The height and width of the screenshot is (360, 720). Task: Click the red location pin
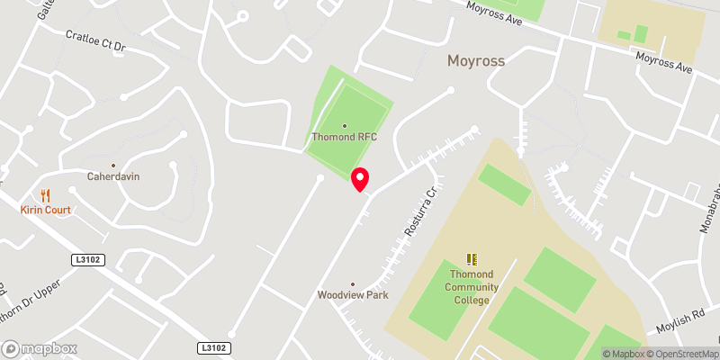point(360,179)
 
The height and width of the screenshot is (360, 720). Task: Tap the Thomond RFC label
point(344,137)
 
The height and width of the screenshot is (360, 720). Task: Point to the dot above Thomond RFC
point(344,126)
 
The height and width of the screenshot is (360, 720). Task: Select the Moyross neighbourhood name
point(476,62)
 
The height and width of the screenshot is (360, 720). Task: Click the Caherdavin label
point(113,176)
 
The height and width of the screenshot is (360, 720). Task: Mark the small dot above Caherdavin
point(113,166)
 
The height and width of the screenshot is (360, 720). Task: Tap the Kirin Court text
point(46,209)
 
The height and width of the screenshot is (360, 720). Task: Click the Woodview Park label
point(352,295)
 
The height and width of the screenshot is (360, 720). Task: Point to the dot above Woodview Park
point(352,283)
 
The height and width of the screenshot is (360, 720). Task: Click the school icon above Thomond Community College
point(472,259)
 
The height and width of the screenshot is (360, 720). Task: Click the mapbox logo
point(40,348)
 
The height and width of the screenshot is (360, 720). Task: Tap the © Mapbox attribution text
point(622,354)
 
